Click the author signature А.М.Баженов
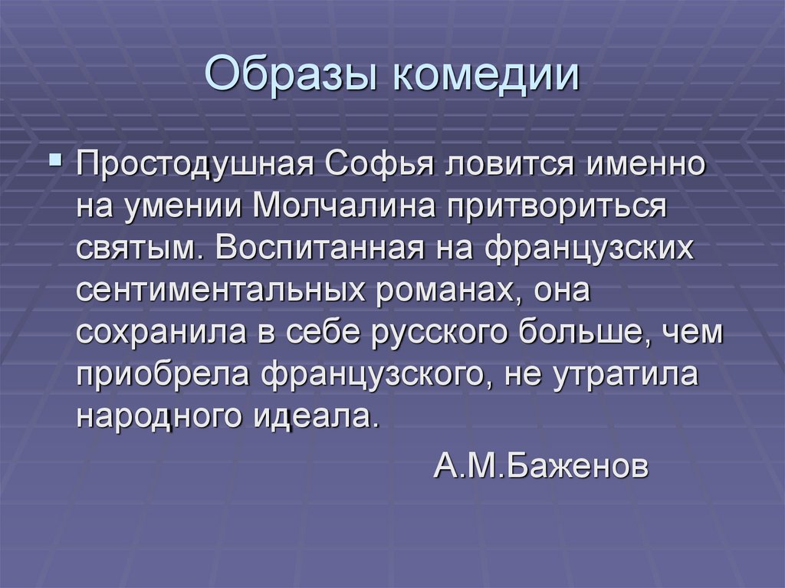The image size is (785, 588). tap(540, 465)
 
